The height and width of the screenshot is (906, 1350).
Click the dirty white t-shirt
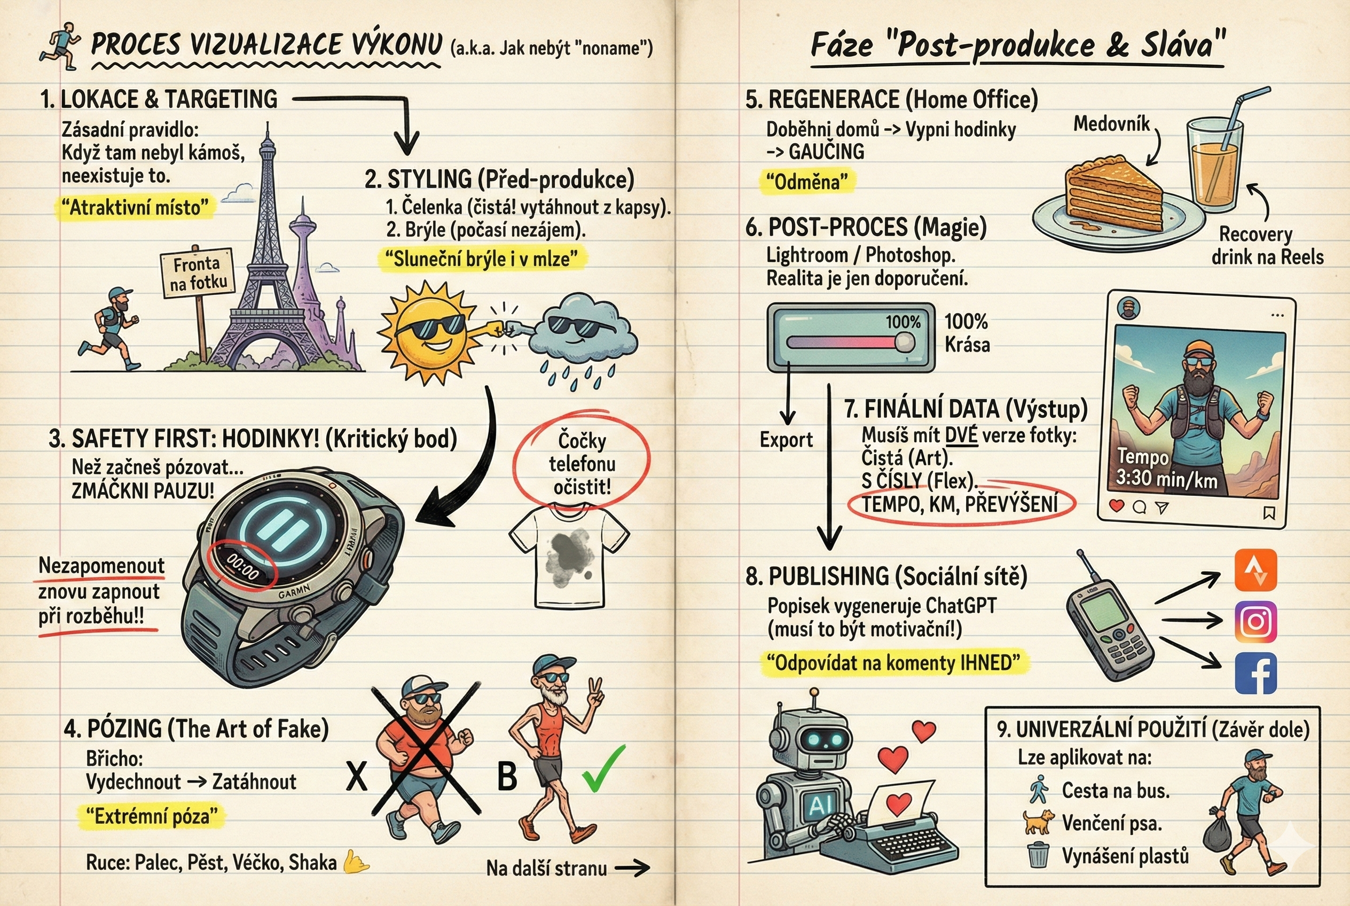coord(569,554)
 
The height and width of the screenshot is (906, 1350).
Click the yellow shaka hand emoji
coord(356,862)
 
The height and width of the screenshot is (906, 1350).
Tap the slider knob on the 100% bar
coord(905,342)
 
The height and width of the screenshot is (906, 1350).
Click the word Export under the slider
coord(786,440)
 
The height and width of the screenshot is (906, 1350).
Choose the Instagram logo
coord(1256,622)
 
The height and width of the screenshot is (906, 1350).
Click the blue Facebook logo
coord(1256,674)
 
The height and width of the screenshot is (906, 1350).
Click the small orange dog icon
coord(1038,822)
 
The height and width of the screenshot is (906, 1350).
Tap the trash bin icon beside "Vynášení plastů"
coord(1038,855)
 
